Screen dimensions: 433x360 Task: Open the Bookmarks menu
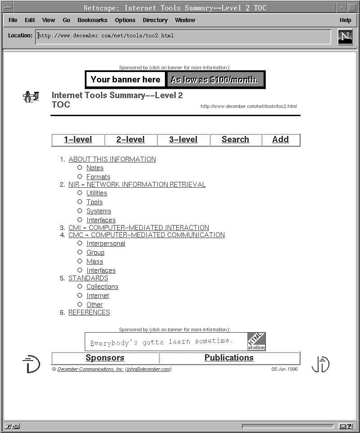click(92, 20)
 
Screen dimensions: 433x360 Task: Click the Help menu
click(345, 20)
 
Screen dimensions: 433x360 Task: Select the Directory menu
click(155, 20)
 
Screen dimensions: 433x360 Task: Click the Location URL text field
click(182, 36)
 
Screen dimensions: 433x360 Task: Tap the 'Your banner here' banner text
click(125, 80)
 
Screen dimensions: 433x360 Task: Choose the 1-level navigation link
click(78, 140)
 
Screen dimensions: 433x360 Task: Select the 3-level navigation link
click(183, 140)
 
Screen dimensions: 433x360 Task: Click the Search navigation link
click(235, 140)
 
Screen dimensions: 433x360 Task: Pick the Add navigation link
click(280, 140)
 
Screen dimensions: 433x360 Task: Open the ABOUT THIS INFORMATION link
click(112, 159)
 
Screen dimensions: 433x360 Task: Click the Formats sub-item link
click(98, 177)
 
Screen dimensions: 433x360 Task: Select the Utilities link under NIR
click(97, 193)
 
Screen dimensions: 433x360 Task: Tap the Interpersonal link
click(106, 244)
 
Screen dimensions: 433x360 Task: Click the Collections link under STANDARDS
click(102, 287)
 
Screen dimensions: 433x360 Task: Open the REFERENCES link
click(89, 312)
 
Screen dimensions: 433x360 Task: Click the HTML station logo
click(256, 342)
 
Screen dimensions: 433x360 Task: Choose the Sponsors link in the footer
click(105, 358)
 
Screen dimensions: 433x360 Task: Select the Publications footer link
click(229, 358)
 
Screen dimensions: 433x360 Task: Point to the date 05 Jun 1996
click(284, 369)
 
